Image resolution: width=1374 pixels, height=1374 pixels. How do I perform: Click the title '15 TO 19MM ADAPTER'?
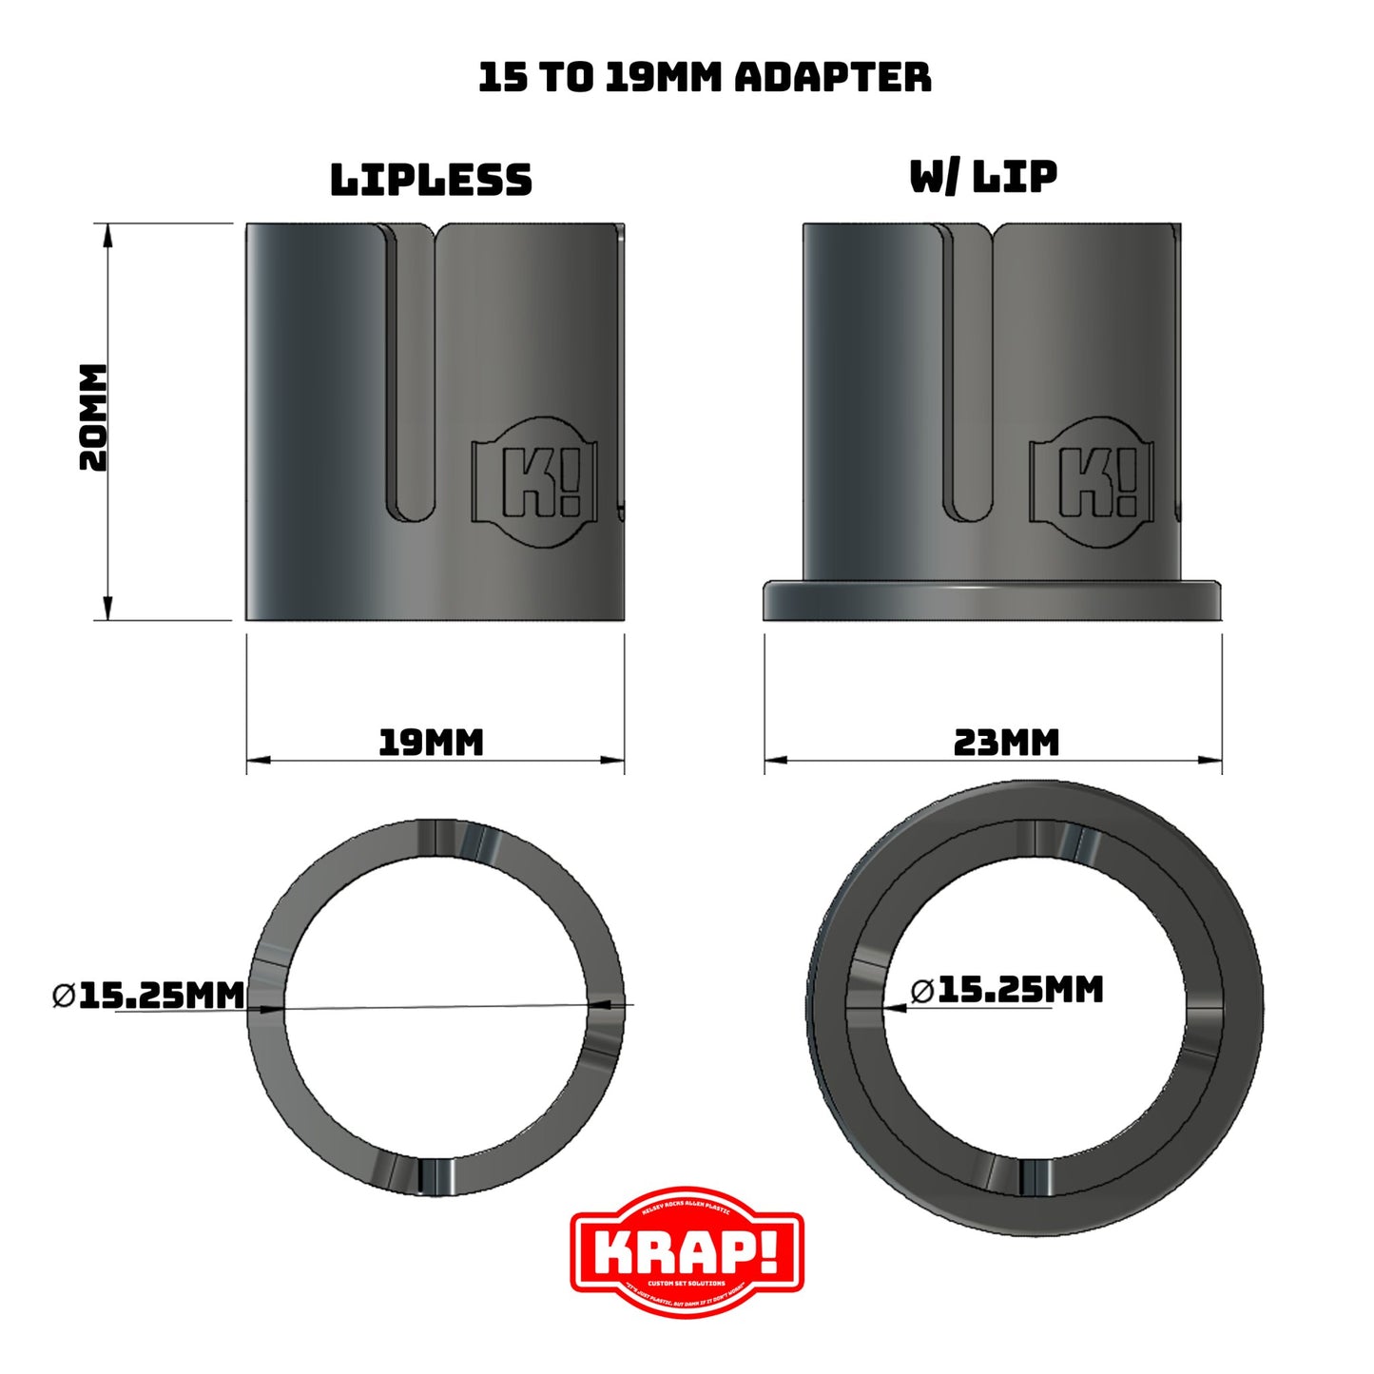(x=705, y=77)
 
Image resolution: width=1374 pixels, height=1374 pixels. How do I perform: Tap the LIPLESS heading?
(x=431, y=180)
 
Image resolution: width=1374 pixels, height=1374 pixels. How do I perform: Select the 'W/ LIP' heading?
(x=983, y=177)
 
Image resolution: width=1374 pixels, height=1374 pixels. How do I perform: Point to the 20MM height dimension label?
(x=93, y=417)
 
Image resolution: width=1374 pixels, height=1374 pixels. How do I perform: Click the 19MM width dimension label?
(x=431, y=742)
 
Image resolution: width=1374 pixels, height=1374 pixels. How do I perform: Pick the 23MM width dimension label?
(x=1006, y=742)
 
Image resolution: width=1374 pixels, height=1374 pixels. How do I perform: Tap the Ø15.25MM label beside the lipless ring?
(x=149, y=996)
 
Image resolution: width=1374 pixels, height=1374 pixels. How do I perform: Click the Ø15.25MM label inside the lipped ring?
(x=1007, y=990)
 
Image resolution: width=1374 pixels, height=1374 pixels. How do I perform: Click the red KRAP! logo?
(x=687, y=1251)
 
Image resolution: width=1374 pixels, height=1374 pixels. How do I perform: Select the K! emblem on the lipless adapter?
(x=538, y=482)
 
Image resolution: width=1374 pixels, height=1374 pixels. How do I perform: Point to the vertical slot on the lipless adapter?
(x=412, y=380)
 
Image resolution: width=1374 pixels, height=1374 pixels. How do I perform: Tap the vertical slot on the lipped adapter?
(x=969, y=380)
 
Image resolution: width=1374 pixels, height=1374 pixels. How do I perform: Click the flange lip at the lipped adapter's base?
(x=992, y=601)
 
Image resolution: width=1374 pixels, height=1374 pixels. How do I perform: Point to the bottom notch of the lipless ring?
(x=436, y=1176)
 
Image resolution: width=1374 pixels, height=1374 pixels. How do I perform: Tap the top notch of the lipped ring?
(x=1048, y=837)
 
